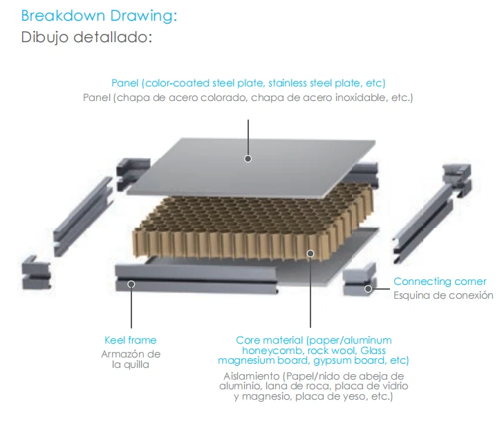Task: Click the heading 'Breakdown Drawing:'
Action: click(99, 16)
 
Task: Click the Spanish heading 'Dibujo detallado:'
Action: click(86, 37)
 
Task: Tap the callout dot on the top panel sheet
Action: click(248, 159)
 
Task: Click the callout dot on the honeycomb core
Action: click(310, 254)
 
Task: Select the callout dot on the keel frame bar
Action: click(131, 284)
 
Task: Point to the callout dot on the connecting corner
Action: click(368, 289)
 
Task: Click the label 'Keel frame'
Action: click(131, 340)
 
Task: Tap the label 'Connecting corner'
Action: click(440, 281)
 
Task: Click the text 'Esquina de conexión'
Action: click(443, 295)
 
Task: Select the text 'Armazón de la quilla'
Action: click(131, 359)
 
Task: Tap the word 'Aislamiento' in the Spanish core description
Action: click(251, 376)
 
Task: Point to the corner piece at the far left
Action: click(36, 273)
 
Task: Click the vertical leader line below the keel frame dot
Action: click(131, 308)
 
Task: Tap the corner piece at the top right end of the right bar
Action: click(457, 180)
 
